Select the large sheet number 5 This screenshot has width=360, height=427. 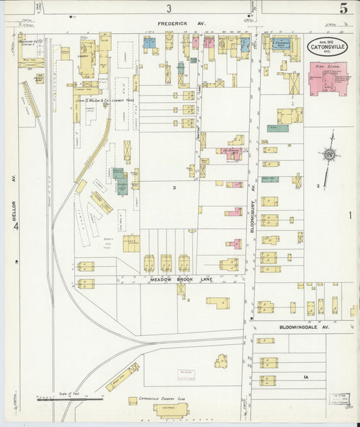pos(344,9)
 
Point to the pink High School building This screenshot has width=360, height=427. pos(328,78)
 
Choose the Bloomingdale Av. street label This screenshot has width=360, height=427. pos(303,326)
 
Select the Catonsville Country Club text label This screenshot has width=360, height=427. pos(163,399)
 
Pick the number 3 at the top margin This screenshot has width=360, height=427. pos(170,8)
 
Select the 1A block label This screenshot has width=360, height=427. pos(305,376)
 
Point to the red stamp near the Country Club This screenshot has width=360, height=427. pos(186,374)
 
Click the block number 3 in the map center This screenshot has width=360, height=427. pos(174,186)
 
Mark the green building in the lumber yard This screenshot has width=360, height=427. pos(122,184)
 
